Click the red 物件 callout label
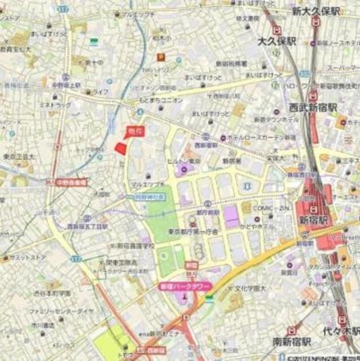coord(133,130)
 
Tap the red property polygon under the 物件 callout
coord(120,148)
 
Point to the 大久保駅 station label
coord(276,41)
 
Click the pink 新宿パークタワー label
coord(183,287)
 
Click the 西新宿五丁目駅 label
coord(87,226)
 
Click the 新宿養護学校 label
coord(135,246)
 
